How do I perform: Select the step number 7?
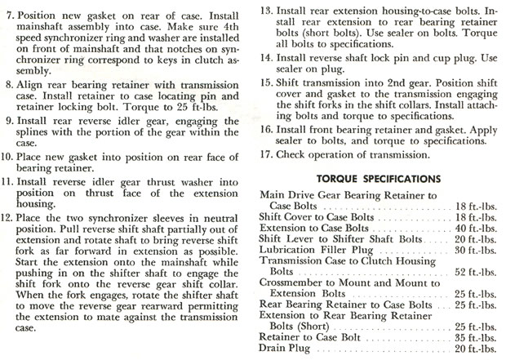[11, 16]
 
